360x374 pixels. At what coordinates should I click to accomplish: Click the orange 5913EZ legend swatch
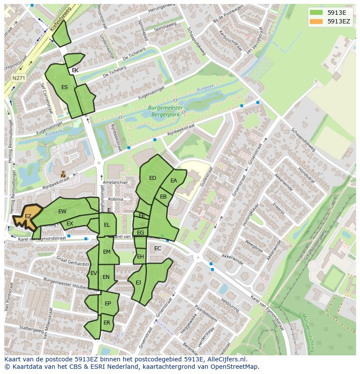click(317, 21)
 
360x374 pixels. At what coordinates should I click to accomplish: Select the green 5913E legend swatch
click(317, 13)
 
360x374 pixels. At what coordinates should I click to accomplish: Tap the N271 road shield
click(18, 78)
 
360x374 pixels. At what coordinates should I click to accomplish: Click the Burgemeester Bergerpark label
click(166, 111)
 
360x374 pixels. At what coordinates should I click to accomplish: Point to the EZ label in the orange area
click(28, 216)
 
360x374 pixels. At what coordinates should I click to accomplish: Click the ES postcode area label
click(64, 87)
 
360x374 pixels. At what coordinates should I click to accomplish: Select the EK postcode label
click(75, 70)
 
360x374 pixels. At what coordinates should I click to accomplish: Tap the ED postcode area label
click(153, 178)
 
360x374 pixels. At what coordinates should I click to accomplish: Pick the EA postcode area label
click(174, 181)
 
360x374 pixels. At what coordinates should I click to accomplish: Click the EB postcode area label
click(163, 197)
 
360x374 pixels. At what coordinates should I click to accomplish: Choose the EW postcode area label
click(62, 212)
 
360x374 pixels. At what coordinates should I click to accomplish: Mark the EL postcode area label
click(107, 225)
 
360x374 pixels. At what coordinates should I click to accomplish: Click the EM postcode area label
click(107, 252)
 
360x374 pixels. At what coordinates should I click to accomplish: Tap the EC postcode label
click(158, 248)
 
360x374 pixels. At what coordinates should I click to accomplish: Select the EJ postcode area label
click(138, 283)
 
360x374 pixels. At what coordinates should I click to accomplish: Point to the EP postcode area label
click(108, 304)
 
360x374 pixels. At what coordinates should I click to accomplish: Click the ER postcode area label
click(107, 323)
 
